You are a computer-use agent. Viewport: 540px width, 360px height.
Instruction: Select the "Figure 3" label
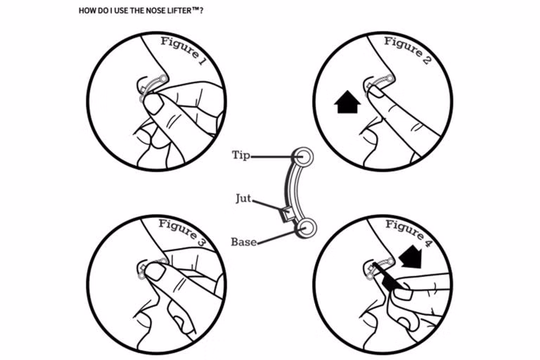coord(181,233)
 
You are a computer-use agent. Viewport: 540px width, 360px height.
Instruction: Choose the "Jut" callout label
coord(243,199)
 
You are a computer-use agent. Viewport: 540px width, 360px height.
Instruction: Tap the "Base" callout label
coord(243,242)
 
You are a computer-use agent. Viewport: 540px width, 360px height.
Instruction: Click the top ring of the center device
coord(303,155)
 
